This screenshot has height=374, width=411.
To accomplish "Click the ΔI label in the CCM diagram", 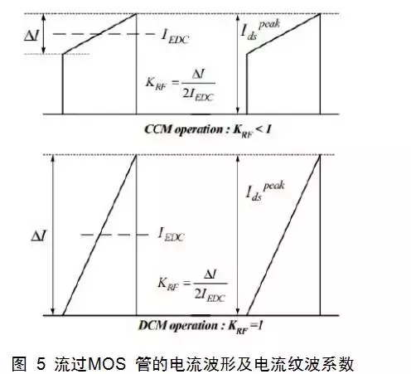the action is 31,36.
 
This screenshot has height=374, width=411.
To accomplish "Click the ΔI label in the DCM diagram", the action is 39,236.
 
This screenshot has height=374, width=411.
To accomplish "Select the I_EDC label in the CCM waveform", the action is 175,36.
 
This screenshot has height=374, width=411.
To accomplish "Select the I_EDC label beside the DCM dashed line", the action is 172,235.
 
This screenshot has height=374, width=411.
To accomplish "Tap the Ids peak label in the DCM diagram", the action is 265,191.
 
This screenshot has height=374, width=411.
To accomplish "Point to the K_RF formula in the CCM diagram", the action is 180,85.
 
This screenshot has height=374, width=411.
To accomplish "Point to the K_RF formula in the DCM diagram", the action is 192,285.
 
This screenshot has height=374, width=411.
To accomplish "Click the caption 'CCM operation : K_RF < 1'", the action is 208,130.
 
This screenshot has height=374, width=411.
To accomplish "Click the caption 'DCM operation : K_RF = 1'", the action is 201,327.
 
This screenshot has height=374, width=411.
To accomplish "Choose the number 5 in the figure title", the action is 41,364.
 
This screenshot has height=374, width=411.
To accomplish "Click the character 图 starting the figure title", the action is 19,364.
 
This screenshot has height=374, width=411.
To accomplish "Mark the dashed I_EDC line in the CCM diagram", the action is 104,34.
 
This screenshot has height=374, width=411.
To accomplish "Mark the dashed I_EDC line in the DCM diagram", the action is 115,235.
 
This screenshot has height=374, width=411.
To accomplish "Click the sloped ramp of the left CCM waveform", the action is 99,34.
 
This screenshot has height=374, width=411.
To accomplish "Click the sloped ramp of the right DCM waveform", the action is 283,235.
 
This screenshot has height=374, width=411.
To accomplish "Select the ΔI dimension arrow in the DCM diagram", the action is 53,235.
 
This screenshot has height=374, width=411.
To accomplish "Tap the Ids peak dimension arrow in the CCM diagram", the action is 238,64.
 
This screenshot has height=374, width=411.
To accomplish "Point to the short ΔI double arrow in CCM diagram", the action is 43,34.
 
